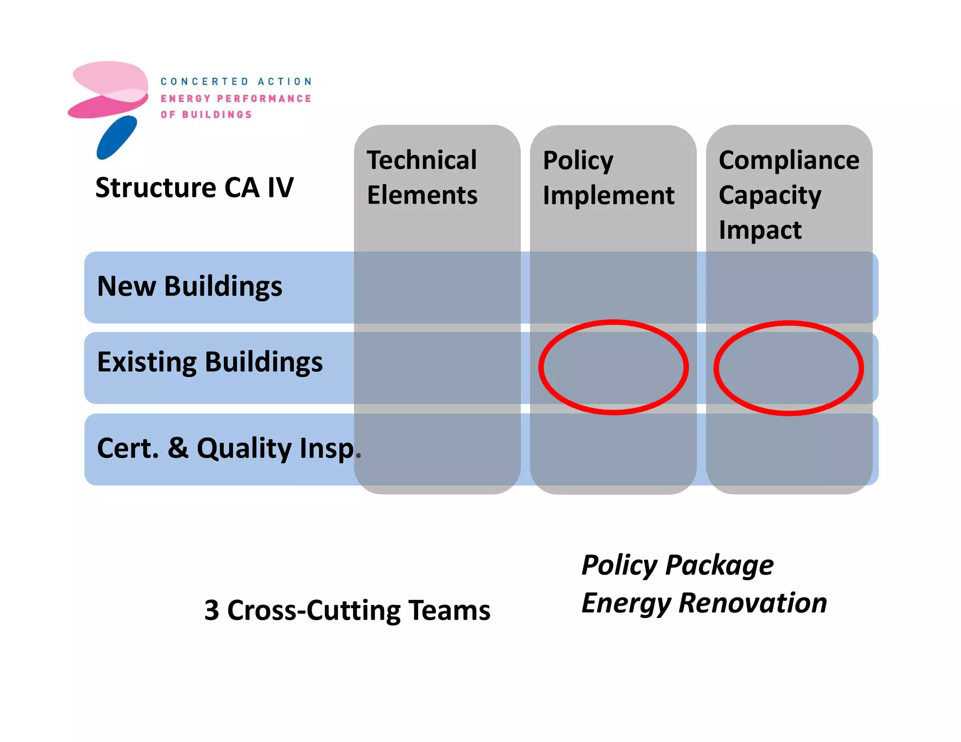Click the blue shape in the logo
point(116,137)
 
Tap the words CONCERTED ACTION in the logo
point(236,82)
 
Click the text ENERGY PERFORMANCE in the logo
point(236,98)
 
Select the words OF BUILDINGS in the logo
point(206,114)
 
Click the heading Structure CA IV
point(194,188)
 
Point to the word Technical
point(422,160)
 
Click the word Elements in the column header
point(422,195)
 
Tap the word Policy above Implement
point(578,161)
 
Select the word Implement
point(608,196)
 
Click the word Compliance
point(789,160)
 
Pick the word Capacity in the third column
point(770,196)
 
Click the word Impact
point(760,230)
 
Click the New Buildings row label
point(190,287)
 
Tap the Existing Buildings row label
point(210,363)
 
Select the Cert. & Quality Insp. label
point(229,448)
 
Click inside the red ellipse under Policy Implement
point(613,367)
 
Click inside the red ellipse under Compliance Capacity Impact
point(789,368)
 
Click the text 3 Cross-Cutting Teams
point(347,611)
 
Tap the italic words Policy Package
point(677,565)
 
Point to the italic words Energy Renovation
point(704,603)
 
